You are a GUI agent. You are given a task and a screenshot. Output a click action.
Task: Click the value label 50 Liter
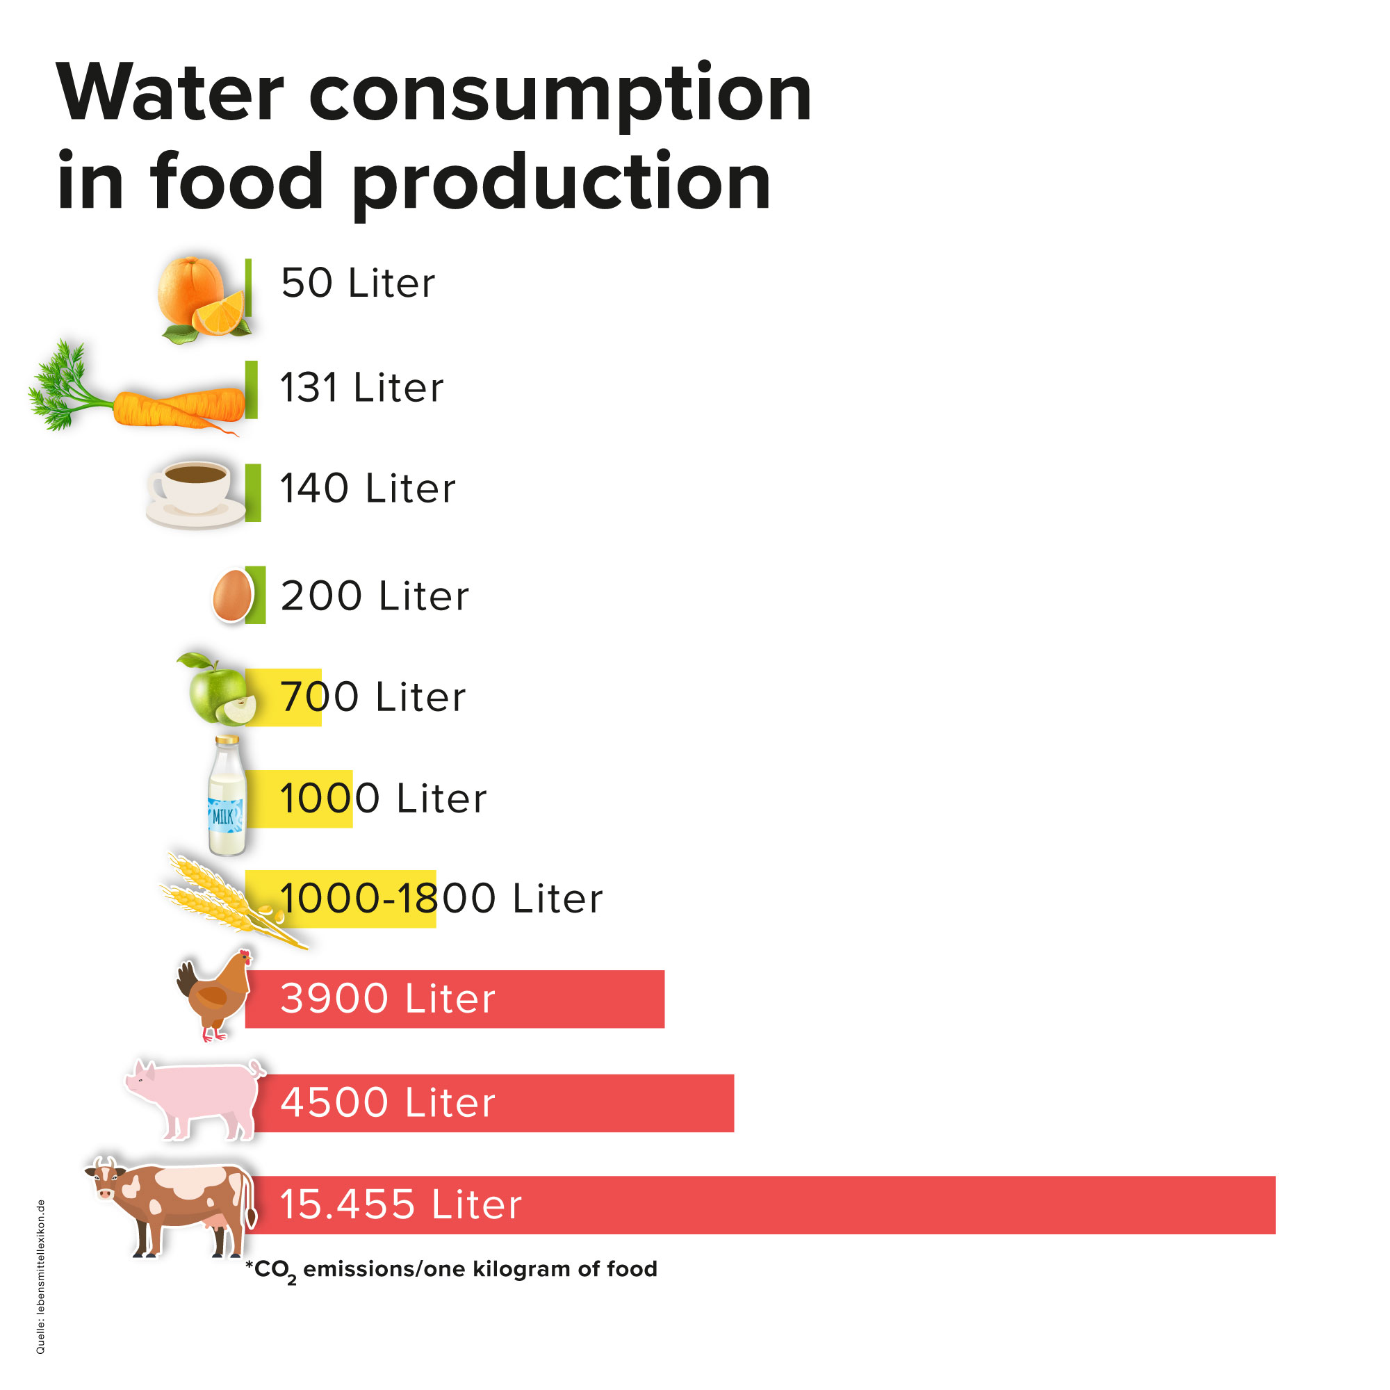[357, 283]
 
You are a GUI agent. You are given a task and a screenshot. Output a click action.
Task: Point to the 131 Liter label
[361, 388]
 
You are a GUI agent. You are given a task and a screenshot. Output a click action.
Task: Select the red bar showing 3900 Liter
[575, 999]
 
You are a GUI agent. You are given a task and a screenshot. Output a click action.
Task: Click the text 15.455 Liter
[400, 1204]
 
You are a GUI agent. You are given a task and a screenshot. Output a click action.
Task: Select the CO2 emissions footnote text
[451, 1269]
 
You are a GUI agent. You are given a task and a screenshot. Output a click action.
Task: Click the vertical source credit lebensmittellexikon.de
[41, 1276]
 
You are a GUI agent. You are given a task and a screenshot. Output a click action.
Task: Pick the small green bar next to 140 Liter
[252, 492]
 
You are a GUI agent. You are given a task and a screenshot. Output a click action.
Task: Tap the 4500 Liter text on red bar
[388, 1102]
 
